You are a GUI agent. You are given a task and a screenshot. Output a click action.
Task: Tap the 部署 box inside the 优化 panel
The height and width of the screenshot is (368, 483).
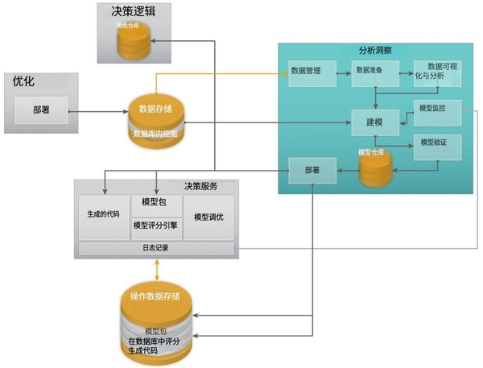click(x=40, y=110)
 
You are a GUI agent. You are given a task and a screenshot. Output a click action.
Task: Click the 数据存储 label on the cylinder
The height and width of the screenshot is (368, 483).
click(x=156, y=109)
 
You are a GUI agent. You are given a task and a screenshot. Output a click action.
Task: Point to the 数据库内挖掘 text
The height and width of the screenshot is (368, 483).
click(x=155, y=133)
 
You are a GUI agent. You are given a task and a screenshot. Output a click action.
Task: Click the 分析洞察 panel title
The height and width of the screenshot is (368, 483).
click(x=375, y=50)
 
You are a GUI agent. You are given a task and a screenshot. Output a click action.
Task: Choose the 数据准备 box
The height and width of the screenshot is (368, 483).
click(x=372, y=71)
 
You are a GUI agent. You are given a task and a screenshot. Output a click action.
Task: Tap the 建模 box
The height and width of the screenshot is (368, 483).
click(x=374, y=122)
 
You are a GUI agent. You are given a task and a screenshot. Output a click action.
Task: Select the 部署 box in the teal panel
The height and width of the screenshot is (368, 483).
click(x=312, y=171)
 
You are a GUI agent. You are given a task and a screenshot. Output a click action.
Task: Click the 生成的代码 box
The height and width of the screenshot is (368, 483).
click(x=104, y=216)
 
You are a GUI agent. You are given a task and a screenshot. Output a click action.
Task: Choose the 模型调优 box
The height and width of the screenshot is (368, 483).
click(x=209, y=216)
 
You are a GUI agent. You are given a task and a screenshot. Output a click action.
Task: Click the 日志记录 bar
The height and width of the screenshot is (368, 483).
click(x=156, y=248)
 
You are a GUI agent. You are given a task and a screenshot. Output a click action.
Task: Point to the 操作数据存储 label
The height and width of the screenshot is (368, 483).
click(x=156, y=296)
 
